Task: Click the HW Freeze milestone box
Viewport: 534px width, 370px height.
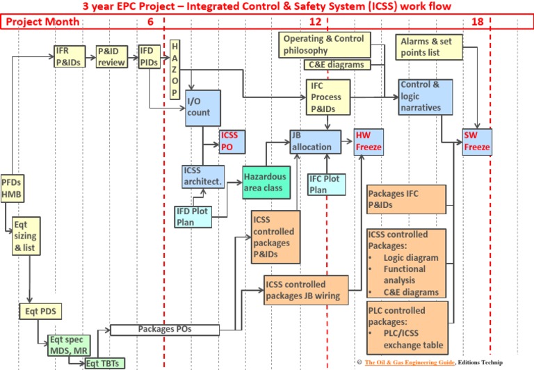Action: point(368,141)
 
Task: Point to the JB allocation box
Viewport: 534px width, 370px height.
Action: point(316,141)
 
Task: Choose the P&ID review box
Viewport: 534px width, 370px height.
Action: point(112,57)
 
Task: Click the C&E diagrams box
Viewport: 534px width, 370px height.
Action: point(336,65)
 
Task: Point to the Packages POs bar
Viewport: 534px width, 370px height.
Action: point(165,329)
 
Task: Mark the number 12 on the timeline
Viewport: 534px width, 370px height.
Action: point(315,22)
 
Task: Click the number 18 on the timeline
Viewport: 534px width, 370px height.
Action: point(477,22)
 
